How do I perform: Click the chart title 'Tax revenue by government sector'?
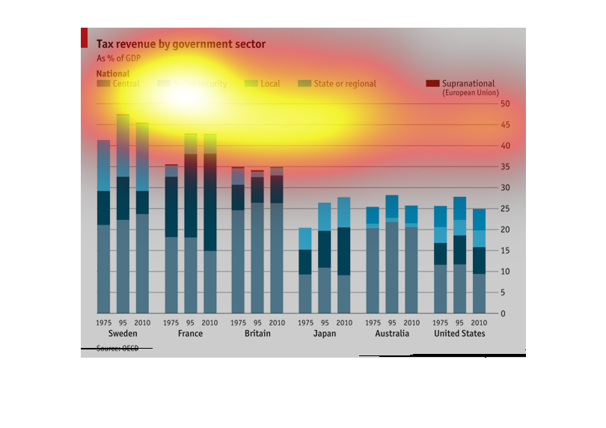tap(181, 45)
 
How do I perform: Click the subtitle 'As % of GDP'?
tap(118, 58)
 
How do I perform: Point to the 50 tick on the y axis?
tap(505, 103)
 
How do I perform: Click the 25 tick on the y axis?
tap(505, 208)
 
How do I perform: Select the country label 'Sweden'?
tap(123, 334)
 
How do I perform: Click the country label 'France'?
tap(190, 334)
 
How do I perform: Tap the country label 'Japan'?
tap(324, 334)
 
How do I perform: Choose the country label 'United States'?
tap(459, 334)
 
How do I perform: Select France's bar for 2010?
tap(210, 224)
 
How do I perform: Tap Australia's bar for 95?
tap(391, 254)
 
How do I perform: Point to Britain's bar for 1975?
tap(238, 240)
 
